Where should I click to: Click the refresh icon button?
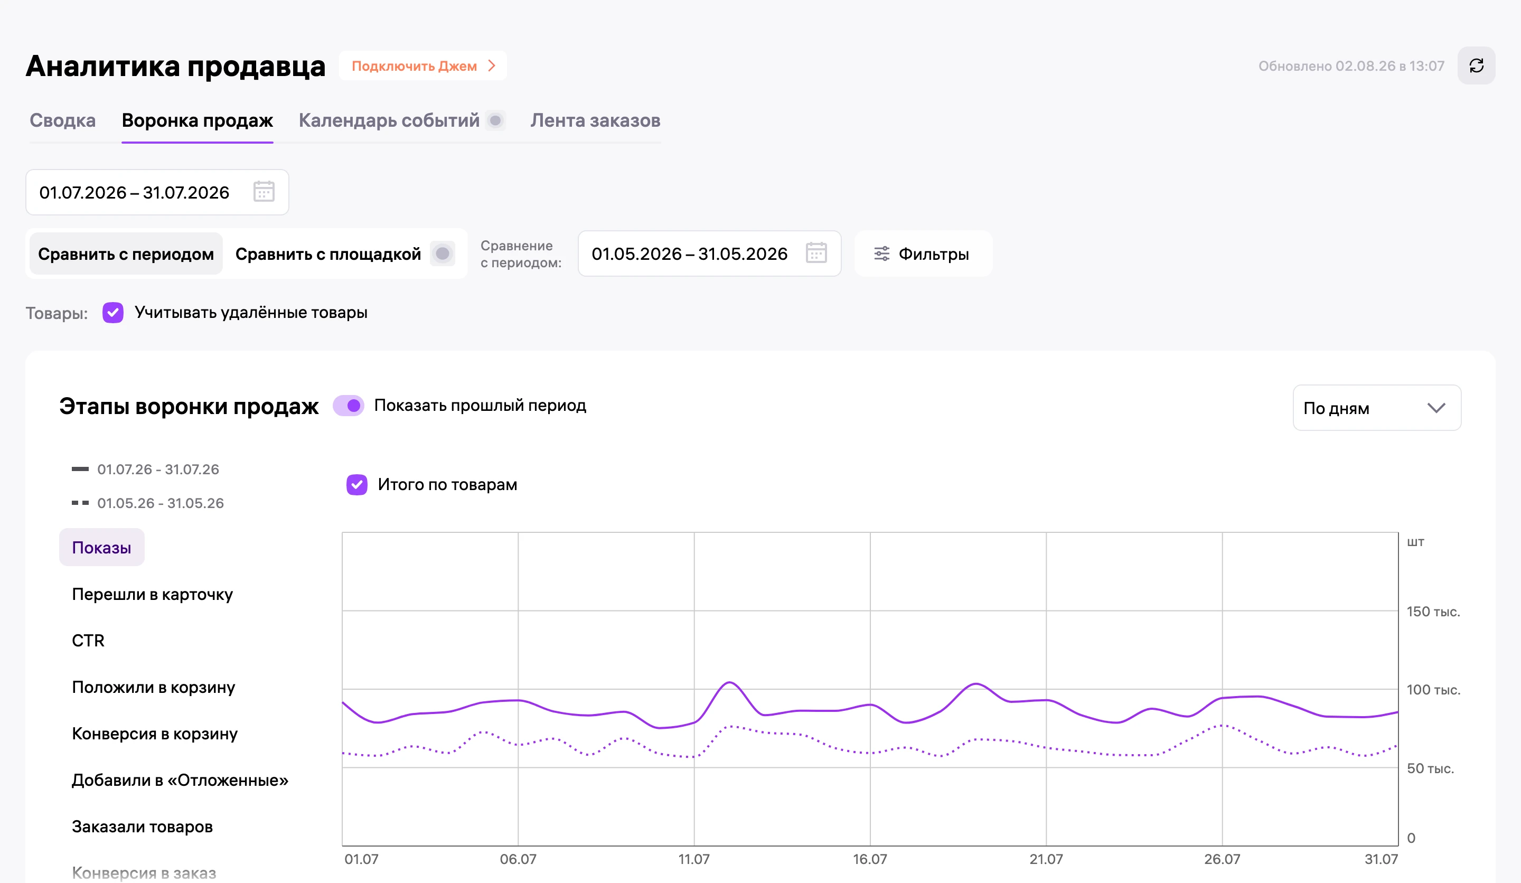pos(1476,66)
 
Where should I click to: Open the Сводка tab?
pos(63,121)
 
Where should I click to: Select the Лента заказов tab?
pos(595,121)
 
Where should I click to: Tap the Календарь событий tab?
pos(389,121)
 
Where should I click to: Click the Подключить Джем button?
pos(423,66)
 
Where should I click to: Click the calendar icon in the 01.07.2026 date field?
pos(264,192)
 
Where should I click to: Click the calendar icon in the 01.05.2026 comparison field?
pos(816,253)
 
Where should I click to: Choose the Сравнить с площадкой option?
pos(328,254)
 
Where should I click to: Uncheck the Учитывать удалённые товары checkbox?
pos(113,313)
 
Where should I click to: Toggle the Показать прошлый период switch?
pos(349,406)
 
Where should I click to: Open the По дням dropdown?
pos(1376,408)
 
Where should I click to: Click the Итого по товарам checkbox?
pos(356,485)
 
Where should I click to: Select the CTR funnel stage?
pos(88,641)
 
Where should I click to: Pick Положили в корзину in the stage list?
pos(153,687)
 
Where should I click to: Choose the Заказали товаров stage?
pos(143,826)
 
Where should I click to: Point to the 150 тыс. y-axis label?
pos(1433,612)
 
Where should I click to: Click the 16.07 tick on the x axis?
pos(870,859)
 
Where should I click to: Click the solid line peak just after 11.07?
pos(730,683)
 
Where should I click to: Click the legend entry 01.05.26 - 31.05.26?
pos(161,503)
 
